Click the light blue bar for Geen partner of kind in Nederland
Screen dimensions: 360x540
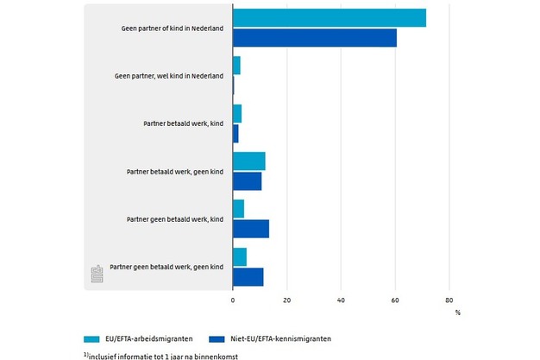point(329,18)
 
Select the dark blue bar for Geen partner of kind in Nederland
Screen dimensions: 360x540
point(314,38)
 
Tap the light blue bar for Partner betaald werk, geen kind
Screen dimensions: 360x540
point(248,161)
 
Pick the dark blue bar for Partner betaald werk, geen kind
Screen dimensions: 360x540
point(247,181)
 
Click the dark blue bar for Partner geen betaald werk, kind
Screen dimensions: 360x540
point(250,229)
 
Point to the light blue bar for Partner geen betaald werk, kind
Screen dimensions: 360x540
point(238,209)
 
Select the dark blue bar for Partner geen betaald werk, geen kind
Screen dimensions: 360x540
point(248,276)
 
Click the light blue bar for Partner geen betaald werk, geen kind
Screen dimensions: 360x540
point(239,256)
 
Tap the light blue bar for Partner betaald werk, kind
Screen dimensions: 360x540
point(236,114)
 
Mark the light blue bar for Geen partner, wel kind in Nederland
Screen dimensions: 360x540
point(236,66)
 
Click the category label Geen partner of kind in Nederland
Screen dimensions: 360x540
point(173,28)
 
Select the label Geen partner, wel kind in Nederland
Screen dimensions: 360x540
point(169,76)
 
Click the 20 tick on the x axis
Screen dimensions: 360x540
point(286,300)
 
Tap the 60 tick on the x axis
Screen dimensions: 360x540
point(395,300)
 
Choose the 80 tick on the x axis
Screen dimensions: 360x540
point(449,300)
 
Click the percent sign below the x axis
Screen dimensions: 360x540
point(458,312)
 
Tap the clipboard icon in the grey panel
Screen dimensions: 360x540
point(97,274)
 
